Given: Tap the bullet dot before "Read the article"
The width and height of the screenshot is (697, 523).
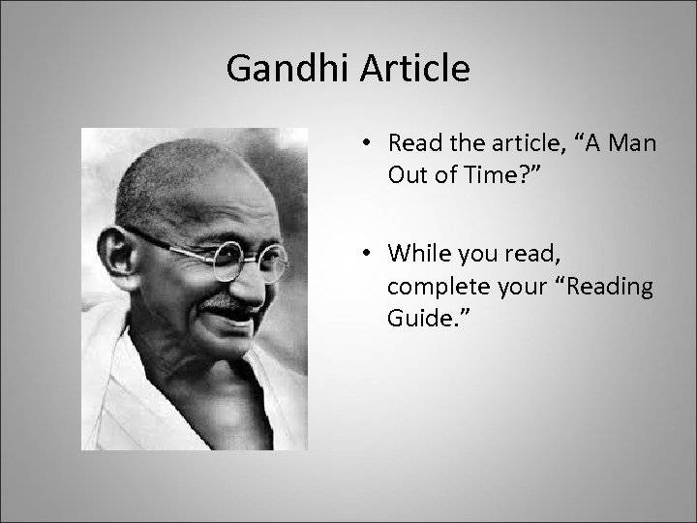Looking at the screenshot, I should click(x=369, y=144).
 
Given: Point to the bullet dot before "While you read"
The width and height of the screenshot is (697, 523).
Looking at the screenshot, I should click(x=369, y=254).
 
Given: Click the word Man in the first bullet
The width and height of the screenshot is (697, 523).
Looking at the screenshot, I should click(x=630, y=144).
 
